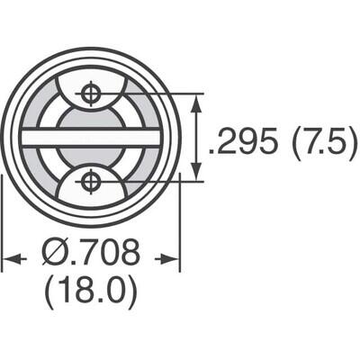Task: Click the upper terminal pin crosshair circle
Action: pos(90,93)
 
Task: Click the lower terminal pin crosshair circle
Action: pos(90,181)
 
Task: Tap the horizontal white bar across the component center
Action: pos(90,137)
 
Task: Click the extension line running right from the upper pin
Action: pos(153,93)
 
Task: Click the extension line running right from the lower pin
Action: pos(153,181)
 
